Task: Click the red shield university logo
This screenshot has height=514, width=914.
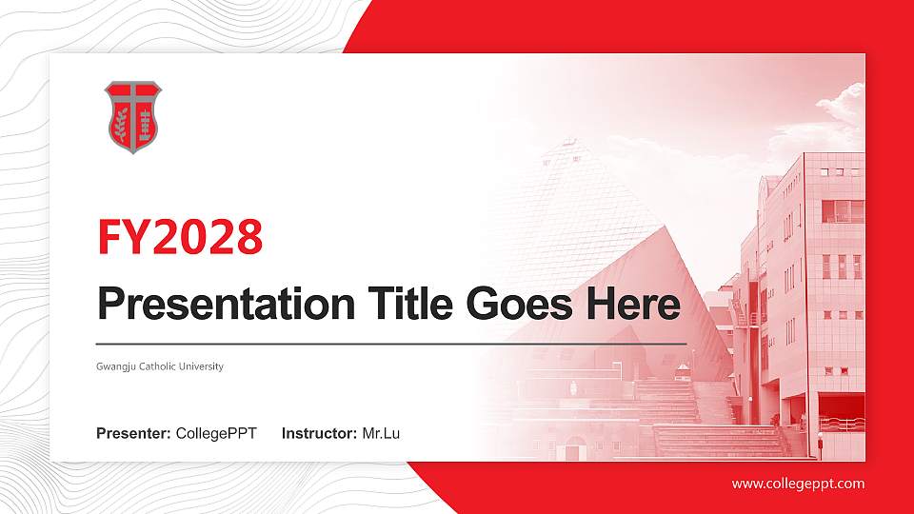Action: pyautogui.click(x=132, y=117)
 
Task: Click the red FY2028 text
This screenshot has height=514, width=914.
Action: pyautogui.click(x=180, y=237)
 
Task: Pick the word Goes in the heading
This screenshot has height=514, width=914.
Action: pyautogui.click(x=510, y=305)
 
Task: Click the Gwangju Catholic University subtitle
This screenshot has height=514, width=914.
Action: pyautogui.click(x=160, y=366)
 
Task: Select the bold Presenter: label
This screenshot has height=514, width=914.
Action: pyautogui.click(x=133, y=434)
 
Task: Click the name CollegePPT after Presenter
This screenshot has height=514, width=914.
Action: pyautogui.click(x=216, y=434)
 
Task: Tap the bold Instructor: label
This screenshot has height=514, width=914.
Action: pyautogui.click(x=320, y=434)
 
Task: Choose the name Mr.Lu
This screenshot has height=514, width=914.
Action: pyautogui.click(x=381, y=434)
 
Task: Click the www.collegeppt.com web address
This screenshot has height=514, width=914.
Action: pyautogui.click(x=798, y=484)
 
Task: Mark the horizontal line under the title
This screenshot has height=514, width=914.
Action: pyautogui.click(x=390, y=343)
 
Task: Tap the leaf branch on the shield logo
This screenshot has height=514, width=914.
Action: pyautogui.click(x=121, y=125)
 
